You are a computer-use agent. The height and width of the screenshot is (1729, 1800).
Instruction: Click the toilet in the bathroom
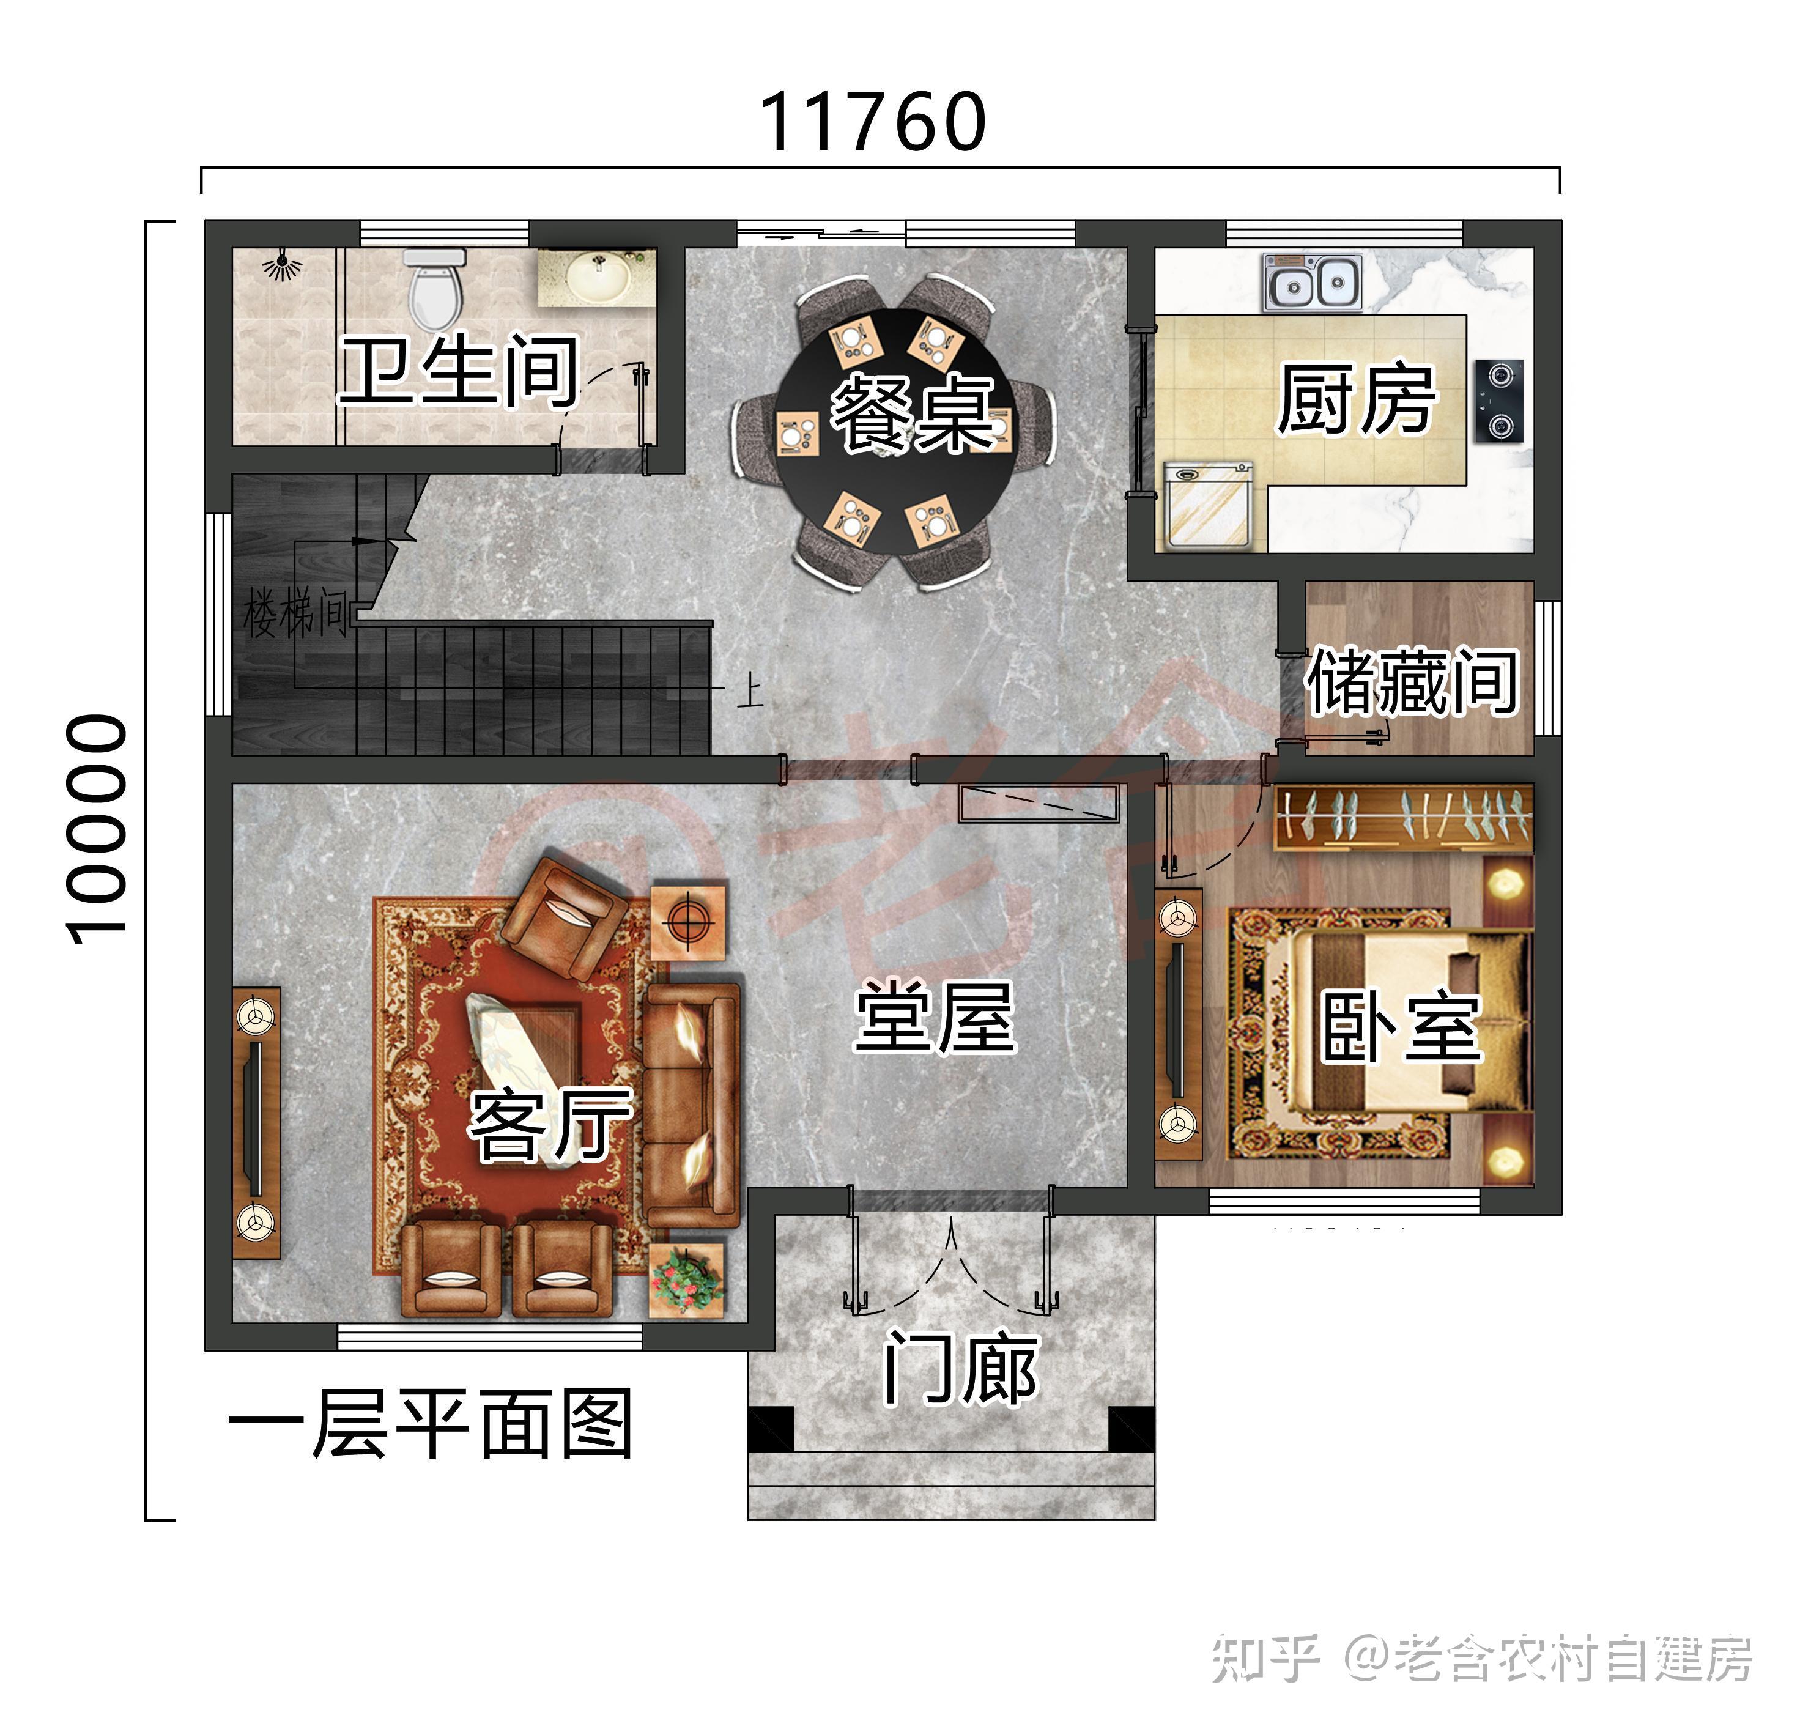(434, 289)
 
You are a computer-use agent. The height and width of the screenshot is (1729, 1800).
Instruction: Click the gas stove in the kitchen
(1500, 401)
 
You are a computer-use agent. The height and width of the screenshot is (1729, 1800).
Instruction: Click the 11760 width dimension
(872, 122)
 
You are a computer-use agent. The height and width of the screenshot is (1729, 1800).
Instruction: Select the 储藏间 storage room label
(1412, 682)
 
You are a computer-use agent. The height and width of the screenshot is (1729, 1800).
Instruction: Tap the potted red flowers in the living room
(687, 1279)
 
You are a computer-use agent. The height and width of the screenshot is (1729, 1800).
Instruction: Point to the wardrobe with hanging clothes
(1402, 816)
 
